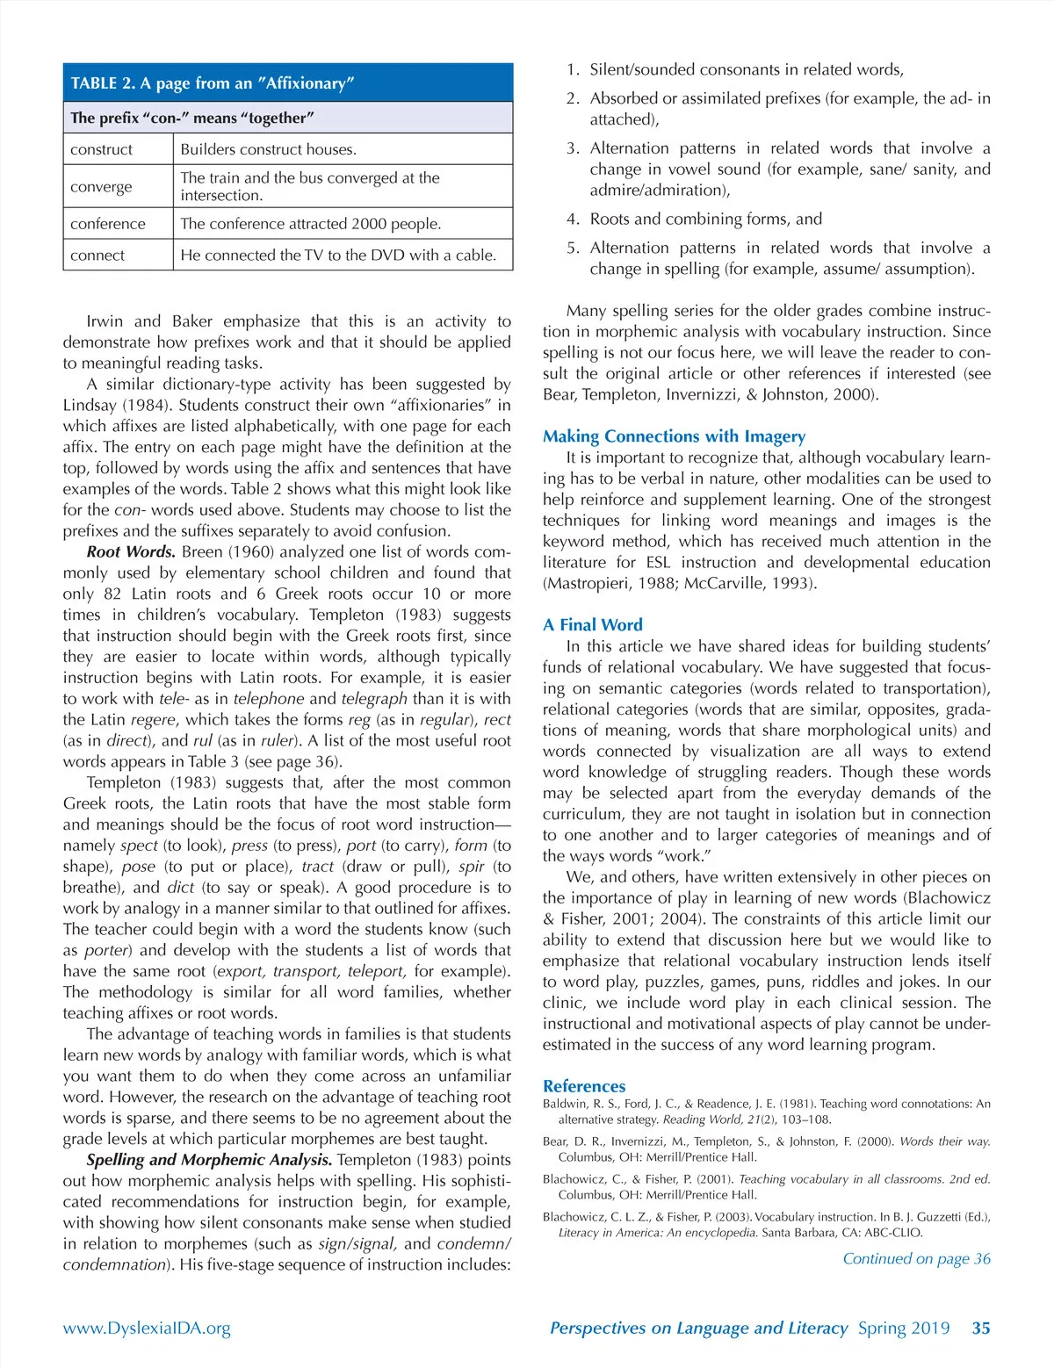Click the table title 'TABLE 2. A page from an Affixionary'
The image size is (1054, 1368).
point(213,83)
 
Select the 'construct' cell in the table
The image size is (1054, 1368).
point(102,149)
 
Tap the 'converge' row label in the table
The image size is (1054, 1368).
point(101,187)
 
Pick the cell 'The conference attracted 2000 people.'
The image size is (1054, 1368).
point(311,224)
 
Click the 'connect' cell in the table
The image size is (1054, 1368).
point(97,256)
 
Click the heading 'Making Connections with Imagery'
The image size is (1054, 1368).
point(674,436)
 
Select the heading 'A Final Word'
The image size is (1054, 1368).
point(592,625)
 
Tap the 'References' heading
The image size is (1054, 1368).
point(584,1086)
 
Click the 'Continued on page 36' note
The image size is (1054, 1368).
point(916,1259)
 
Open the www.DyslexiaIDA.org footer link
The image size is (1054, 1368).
point(147,1328)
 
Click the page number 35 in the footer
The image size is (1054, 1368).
point(981,1328)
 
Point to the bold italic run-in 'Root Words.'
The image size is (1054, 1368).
point(131,552)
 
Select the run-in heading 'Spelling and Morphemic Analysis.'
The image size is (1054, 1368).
point(209,1160)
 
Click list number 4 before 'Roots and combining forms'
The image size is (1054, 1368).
point(573,220)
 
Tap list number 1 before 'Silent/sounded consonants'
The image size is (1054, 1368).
point(573,70)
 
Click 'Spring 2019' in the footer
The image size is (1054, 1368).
point(904,1328)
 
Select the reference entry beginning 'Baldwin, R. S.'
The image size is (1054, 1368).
point(766,1112)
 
